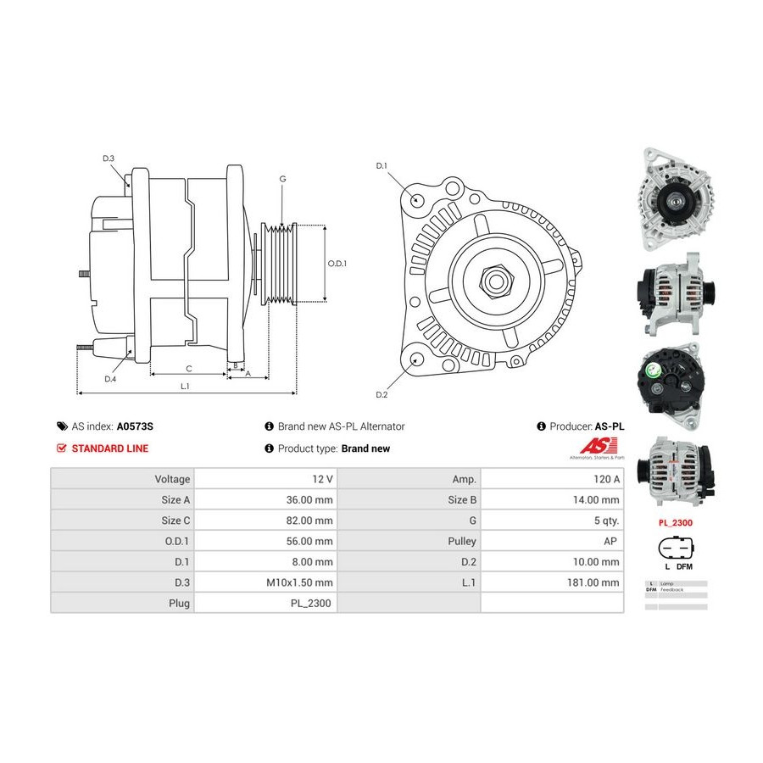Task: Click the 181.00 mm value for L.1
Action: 593,582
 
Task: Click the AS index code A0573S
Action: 142,427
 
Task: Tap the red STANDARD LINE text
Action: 109,448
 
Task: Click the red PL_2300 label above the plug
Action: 676,523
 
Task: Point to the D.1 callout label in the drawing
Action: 381,165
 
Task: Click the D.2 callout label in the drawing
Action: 381,395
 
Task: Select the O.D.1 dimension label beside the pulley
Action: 337,263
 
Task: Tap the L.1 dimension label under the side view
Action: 185,386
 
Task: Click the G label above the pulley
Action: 282,179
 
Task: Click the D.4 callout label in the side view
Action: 110,379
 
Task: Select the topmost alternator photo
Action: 676,199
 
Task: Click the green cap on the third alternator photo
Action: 654,371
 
